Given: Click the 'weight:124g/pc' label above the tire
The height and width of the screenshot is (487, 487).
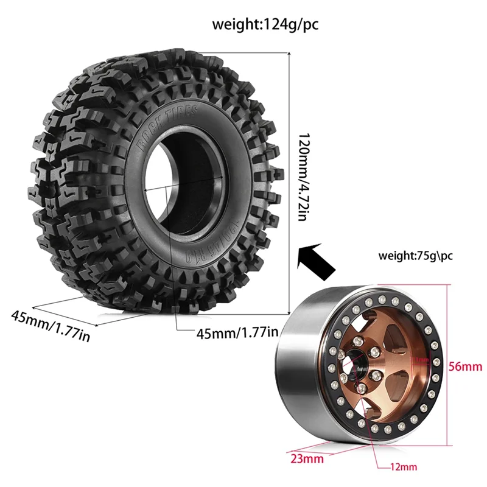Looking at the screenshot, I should pyautogui.click(x=265, y=25).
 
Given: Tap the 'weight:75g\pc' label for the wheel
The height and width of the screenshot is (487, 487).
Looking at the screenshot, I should pyautogui.click(x=415, y=255).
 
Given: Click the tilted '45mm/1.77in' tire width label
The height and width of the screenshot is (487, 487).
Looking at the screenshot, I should pyautogui.click(x=51, y=326).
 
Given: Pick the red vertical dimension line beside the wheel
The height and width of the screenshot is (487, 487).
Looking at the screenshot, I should pyautogui.click(x=449, y=365).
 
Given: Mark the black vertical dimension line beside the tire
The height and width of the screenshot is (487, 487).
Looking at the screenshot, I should pyautogui.click(x=288, y=183).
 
